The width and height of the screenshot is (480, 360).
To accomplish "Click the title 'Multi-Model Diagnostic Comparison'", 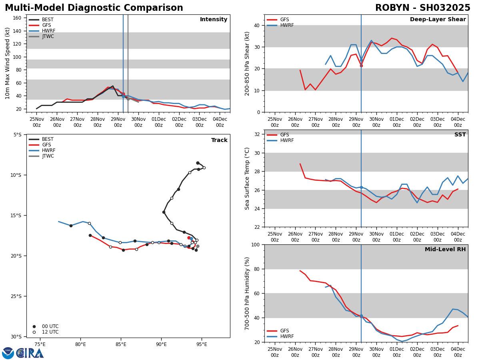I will tap(94, 8).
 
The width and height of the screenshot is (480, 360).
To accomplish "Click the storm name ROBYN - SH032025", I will tap(422, 8).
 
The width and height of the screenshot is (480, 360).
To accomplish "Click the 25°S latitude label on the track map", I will tap(16, 296).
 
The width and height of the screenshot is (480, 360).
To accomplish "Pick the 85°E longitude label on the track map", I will tap(121, 344).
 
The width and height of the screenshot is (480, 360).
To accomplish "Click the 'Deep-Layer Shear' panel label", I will tap(438, 20).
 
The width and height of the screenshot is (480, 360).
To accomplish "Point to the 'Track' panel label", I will tap(219, 140).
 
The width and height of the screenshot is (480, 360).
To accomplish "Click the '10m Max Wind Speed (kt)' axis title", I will tap(8, 63).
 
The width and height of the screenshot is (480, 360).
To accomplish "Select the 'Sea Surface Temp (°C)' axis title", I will tap(248, 178).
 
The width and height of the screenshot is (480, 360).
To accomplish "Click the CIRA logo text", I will tap(30, 353).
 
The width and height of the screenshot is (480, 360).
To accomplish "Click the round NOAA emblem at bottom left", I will tap(8, 353).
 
